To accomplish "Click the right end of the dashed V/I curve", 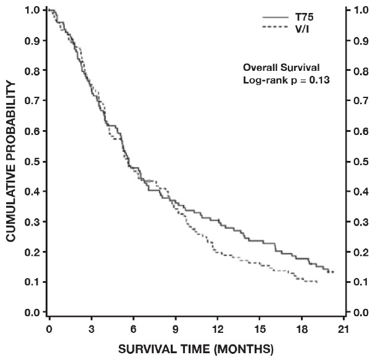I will click(318, 282).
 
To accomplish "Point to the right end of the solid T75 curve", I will click(334, 272).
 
